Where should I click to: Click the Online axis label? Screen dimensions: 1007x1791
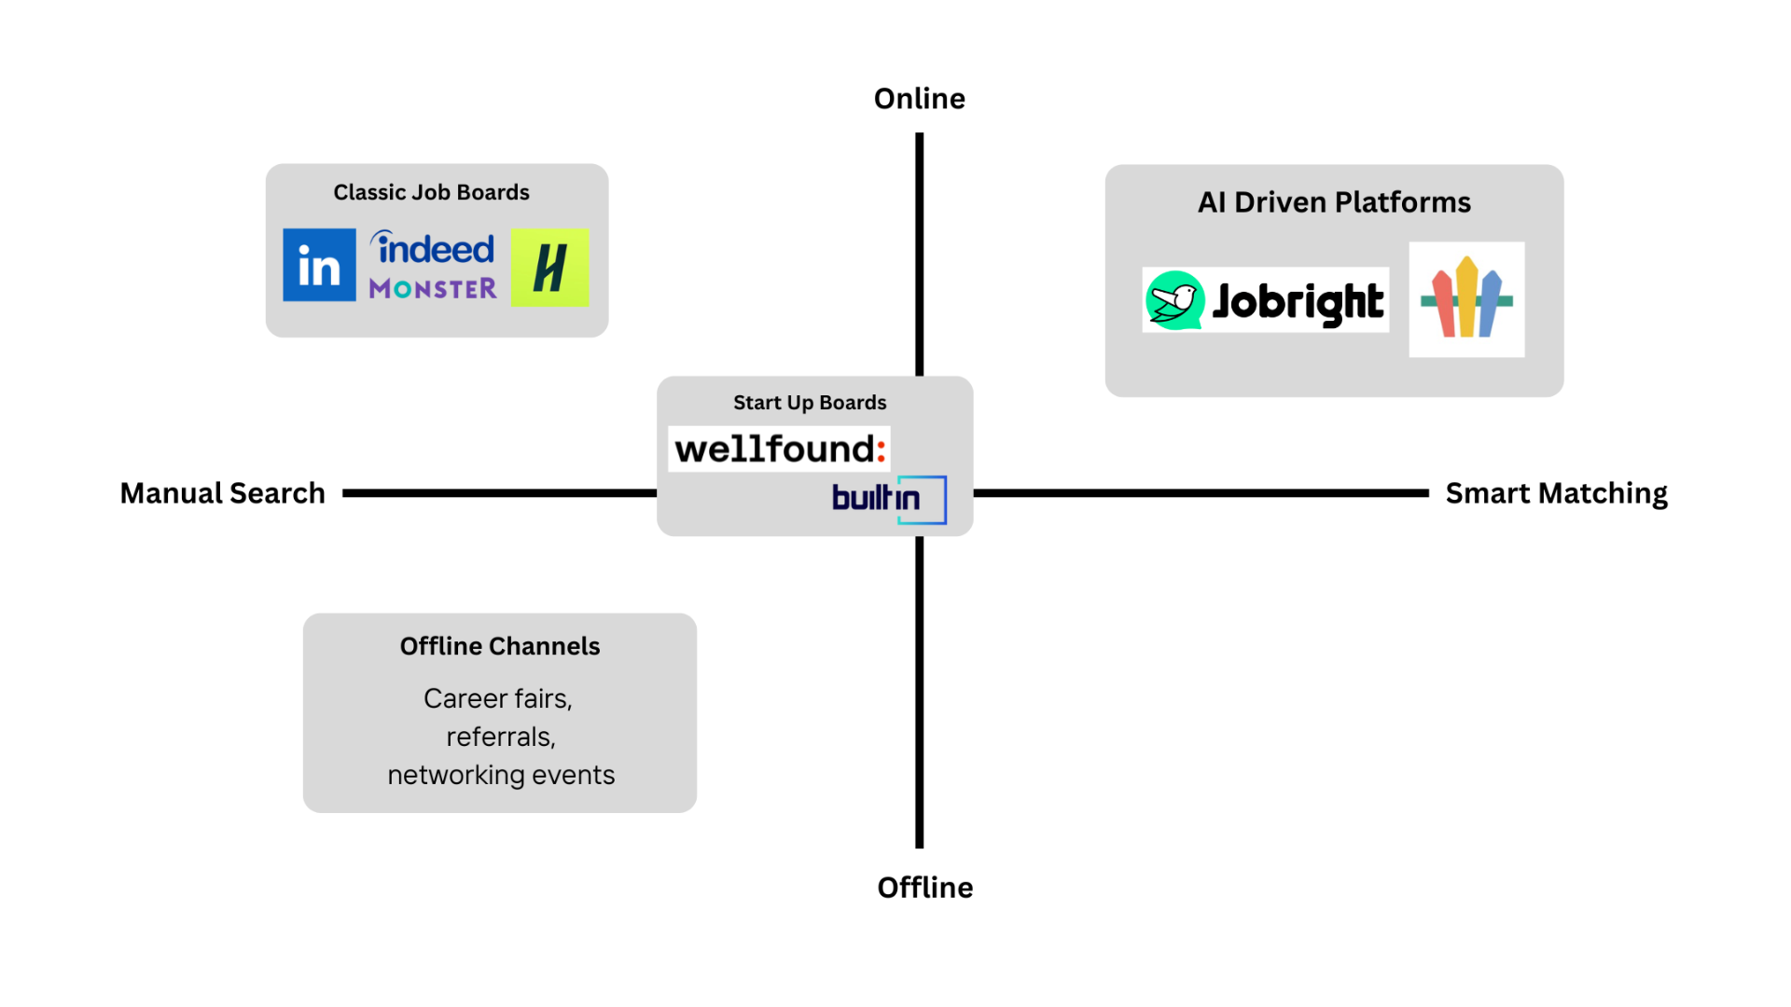point(919,99)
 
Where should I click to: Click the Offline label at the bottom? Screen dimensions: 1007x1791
point(924,888)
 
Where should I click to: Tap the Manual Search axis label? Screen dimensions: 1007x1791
point(222,493)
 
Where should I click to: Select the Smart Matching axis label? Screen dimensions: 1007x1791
point(1556,493)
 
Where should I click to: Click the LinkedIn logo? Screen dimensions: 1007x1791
point(319,265)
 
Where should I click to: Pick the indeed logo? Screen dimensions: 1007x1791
point(434,249)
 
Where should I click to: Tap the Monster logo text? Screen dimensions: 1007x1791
point(433,289)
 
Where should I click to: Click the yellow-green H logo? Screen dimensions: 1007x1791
point(549,268)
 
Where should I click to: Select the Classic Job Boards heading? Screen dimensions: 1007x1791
point(431,192)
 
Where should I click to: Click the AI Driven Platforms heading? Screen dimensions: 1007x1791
point(1334,202)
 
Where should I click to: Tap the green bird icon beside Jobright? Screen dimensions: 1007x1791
point(1173,300)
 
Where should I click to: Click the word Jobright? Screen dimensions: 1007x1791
point(1298,302)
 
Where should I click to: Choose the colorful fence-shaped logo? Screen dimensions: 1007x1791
point(1466,299)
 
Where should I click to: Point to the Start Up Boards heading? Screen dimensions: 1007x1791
point(810,403)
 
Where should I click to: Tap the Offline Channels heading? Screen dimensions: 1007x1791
point(500,646)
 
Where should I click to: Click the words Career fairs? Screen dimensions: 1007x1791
point(497,698)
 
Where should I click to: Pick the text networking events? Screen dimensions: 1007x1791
point(501,775)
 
